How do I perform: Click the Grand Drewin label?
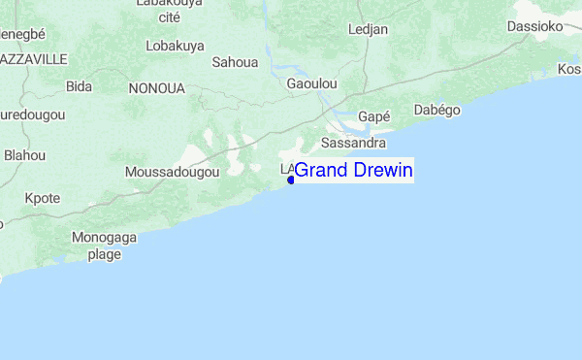354,171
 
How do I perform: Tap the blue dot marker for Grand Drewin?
291,180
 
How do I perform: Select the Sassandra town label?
353,143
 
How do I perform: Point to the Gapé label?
373,116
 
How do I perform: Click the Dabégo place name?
436,110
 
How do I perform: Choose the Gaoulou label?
312,84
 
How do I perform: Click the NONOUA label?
156,87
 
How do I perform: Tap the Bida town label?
79,86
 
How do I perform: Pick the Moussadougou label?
173,172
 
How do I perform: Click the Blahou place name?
25,154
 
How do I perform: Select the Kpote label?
42,198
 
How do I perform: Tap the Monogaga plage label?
105,245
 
